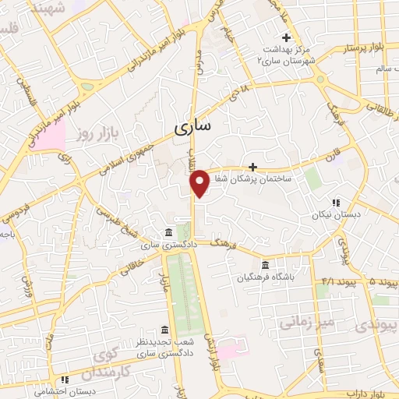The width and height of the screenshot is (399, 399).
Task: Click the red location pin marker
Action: (199, 183)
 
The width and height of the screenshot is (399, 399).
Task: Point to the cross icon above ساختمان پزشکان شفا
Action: (252, 166)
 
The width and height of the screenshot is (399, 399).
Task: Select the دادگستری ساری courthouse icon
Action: (168, 233)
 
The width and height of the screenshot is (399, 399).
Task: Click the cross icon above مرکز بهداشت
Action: (287, 37)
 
